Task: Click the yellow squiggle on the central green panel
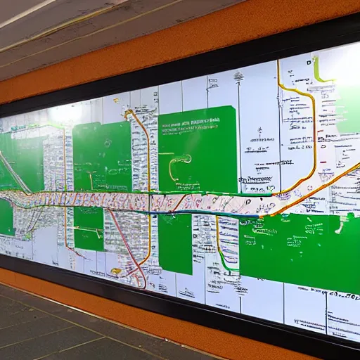click(181, 162)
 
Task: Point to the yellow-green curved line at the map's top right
click(320, 73)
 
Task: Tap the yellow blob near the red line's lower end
click(116, 271)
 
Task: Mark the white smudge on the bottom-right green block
click(342, 226)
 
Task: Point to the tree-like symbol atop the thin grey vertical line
click(259, 131)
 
